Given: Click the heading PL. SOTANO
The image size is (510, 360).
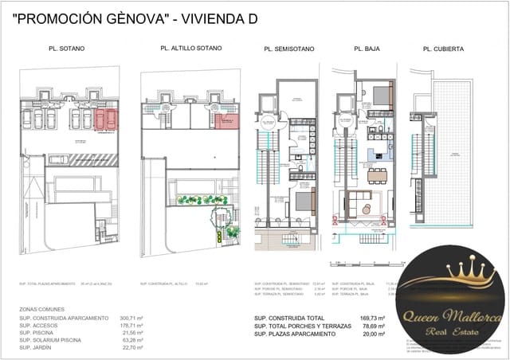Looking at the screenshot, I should pos(67,49).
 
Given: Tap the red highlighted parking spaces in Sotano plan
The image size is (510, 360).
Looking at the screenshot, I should pos(104,119).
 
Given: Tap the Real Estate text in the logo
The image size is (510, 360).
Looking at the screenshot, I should pos(451,328).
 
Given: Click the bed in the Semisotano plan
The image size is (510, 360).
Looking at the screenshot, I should pos(304,201).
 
